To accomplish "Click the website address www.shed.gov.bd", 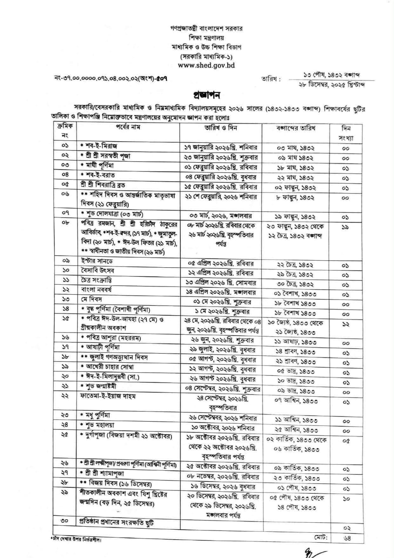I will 207,65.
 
